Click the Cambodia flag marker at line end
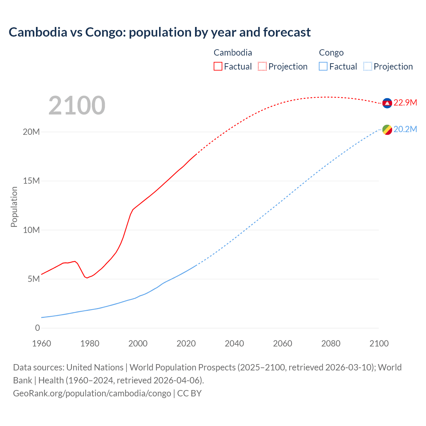click(387, 103)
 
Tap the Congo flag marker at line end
click(387, 130)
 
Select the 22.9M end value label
click(405, 103)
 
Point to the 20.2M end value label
click(405, 129)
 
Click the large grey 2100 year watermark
click(77, 106)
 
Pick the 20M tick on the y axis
click(31, 132)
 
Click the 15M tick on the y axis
click(31, 181)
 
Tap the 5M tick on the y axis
click(34, 279)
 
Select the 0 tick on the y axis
click(37, 328)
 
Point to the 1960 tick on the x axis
click(42, 343)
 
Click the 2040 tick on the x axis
click(234, 343)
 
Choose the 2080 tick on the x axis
click(331, 343)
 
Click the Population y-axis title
click(14, 207)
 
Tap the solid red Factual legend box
click(218, 67)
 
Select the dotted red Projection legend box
click(262, 67)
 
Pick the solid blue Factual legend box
click(323, 67)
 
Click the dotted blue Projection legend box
click(368, 67)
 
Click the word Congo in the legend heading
click(331, 53)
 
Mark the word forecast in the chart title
click(287, 32)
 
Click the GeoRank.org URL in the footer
click(92, 393)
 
